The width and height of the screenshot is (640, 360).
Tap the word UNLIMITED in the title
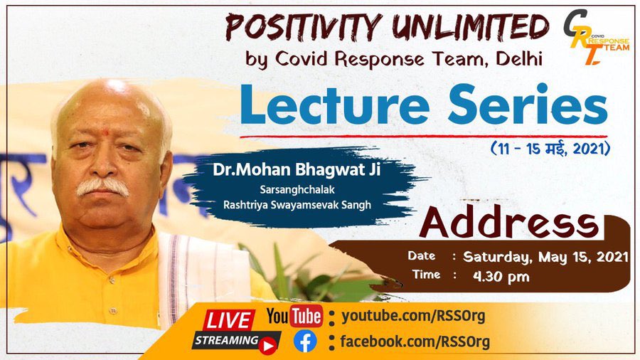pyautogui.click(x=471, y=27)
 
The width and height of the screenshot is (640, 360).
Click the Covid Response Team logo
pyautogui.click(x=595, y=37)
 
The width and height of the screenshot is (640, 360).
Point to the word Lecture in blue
pyautogui.click(x=335, y=105)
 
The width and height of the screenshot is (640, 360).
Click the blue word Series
pyautogui.click(x=530, y=105)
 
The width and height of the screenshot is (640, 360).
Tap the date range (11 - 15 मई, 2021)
pyautogui.click(x=550, y=149)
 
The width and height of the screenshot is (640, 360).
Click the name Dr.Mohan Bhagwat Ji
pyautogui.click(x=297, y=170)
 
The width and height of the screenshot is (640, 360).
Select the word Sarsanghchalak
pyautogui.click(x=297, y=190)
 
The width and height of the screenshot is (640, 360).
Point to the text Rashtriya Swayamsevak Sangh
pyautogui.click(x=297, y=205)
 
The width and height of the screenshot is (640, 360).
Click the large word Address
pyautogui.click(x=510, y=223)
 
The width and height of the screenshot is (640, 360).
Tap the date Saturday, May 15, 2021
pyautogui.click(x=545, y=257)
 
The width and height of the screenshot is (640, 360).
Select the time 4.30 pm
pyautogui.click(x=501, y=277)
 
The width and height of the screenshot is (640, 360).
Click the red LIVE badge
pyautogui.click(x=228, y=320)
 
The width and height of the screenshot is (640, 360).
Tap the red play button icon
pyautogui.click(x=268, y=346)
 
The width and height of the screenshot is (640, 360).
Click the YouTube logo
pyautogui.click(x=294, y=316)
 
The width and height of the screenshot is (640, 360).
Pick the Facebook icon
pyautogui.click(x=305, y=342)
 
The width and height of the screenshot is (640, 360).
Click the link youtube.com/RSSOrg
pyautogui.click(x=413, y=317)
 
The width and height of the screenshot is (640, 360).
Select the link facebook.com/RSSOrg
pyautogui.click(x=415, y=342)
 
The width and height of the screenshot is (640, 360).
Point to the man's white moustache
pyautogui.click(x=102, y=187)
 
